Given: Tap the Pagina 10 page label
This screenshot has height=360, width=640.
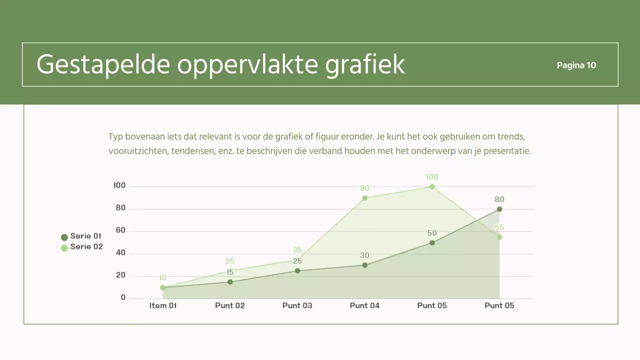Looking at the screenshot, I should [x=576, y=65].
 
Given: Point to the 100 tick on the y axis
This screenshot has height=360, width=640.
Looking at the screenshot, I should [x=119, y=185].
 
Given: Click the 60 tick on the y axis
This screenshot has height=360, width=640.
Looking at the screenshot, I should [x=120, y=230].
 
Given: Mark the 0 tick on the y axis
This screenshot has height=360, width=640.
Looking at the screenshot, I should [x=123, y=297].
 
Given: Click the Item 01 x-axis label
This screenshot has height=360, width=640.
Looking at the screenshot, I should [x=163, y=305].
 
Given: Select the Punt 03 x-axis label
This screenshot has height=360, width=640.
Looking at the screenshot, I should [x=297, y=305].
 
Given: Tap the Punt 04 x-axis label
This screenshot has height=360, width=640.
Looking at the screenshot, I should [x=364, y=305].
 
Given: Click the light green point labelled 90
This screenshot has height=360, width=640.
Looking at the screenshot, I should [x=365, y=198].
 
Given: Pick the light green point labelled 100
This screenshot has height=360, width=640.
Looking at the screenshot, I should [x=432, y=187].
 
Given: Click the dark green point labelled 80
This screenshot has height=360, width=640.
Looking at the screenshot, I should [x=499, y=209].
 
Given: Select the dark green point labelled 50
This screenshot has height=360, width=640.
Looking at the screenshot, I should [x=432, y=243].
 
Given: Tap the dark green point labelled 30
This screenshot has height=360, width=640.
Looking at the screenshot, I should [x=365, y=265].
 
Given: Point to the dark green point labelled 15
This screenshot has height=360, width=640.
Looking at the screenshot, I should [x=230, y=282].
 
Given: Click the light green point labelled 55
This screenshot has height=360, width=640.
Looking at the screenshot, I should [x=499, y=237].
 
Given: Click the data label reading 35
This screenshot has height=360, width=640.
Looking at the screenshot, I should [x=297, y=250].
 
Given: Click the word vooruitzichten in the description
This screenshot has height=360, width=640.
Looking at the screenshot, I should [x=137, y=151].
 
